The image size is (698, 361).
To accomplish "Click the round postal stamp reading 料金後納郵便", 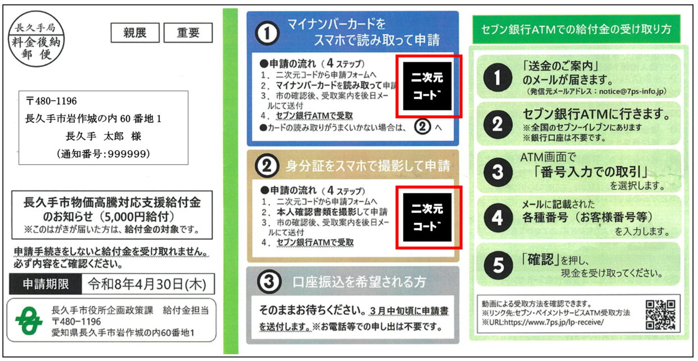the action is point(36,39).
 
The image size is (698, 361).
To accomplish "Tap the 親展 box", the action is point(135,33).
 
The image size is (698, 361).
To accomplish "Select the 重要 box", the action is point(188,33).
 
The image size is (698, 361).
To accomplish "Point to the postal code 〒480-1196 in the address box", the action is point(52,101).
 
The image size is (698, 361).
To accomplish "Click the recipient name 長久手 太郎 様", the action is point(103,136).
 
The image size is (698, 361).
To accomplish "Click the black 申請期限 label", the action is point(45,284).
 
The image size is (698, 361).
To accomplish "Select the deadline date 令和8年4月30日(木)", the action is point(147,284).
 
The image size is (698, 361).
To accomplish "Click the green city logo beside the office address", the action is point(29,321).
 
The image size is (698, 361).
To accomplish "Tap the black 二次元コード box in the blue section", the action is point(427,86).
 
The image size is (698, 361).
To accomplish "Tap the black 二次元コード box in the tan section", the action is point(427,217).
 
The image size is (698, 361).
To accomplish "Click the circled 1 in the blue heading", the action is point(267,33).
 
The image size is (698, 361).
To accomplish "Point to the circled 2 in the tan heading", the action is point(267,166).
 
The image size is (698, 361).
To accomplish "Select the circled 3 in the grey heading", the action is point(269,282).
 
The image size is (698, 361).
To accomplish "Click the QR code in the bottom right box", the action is point(660,314).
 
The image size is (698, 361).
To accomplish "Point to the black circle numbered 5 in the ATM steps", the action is point(498,266).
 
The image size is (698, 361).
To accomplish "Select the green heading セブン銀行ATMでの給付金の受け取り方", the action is point(576,29).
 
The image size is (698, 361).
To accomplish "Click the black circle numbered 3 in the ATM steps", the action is point(498,172).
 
